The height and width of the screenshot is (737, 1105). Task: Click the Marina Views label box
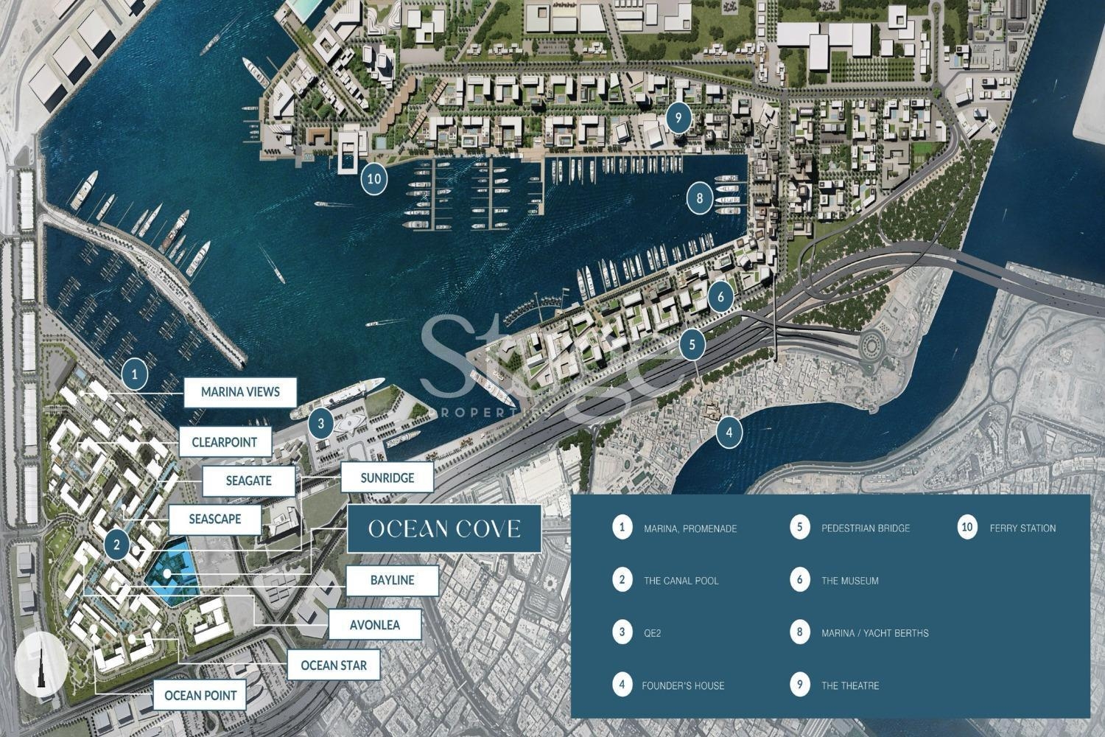click(240, 392)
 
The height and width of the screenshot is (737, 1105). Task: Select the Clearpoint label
click(224, 442)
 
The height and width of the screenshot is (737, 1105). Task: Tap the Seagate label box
click(248, 481)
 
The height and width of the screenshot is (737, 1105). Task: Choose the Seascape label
click(214, 519)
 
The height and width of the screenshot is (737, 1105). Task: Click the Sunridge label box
click(387, 478)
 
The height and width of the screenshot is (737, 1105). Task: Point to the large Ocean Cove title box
click(444, 528)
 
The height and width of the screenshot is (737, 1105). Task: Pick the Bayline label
click(392, 580)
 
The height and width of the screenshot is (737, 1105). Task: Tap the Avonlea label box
click(374, 625)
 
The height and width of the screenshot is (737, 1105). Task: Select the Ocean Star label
click(333, 666)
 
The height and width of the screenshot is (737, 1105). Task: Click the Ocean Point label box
click(200, 695)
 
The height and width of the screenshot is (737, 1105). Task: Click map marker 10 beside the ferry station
click(374, 178)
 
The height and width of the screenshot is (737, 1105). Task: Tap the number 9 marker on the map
click(678, 116)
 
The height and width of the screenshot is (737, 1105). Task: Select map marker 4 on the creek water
click(729, 432)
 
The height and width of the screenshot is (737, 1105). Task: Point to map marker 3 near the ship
click(321, 424)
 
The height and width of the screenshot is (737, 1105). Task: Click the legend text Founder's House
click(683, 685)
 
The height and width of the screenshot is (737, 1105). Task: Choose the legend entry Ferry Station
click(1022, 528)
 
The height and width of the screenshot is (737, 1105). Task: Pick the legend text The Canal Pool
click(681, 581)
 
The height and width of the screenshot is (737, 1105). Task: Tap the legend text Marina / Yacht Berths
click(874, 633)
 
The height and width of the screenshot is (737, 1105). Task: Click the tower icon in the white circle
click(42, 665)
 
